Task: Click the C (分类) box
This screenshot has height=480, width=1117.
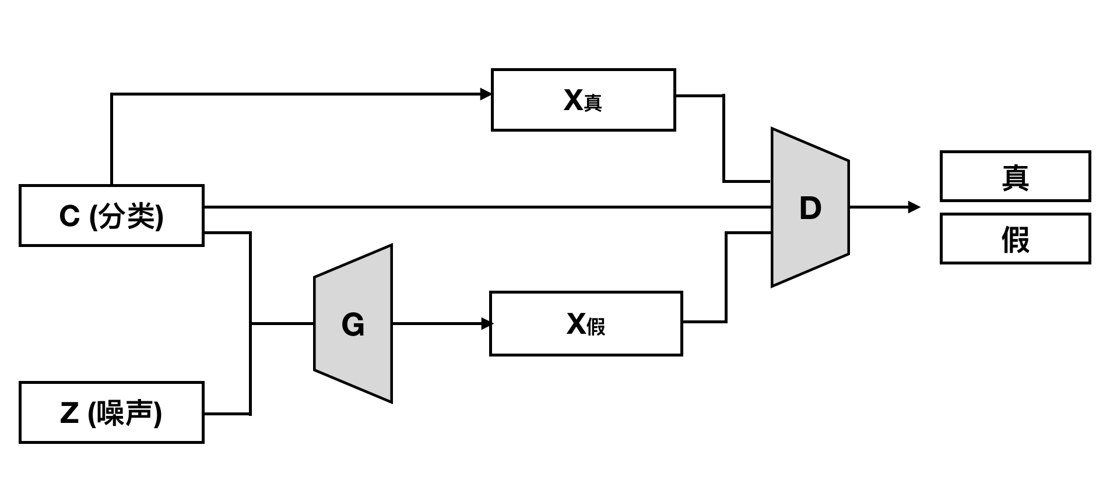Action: pyautogui.click(x=111, y=216)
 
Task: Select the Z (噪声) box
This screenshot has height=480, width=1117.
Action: pyautogui.click(x=111, y=412)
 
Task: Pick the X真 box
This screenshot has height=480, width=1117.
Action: pyautogui.click(x=583, y=100)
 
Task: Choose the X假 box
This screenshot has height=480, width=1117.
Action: pyautogui.click(x=586, y=324)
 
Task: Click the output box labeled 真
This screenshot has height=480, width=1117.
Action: pyautogui.click(x=1015, y=177)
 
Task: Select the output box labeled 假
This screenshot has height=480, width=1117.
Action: pyautogui.click(x=1015, y=239)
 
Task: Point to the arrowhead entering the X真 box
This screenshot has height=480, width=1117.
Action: pyautogui.click(x=486, y=94)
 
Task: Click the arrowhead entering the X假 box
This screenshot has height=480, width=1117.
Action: pyautogui.click(x=487, y=324)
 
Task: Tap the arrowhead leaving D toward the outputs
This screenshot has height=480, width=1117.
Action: pyautogui.click(x=914, y=207)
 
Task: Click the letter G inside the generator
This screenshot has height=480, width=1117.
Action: pyautogui.click(x=353, y=325)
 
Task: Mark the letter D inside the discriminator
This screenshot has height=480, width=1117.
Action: pyautogui.click(x=810, y=208)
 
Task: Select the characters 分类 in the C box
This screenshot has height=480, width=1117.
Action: pyautogui.click(x=127, y=216)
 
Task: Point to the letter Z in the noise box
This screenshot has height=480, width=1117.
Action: pyautogui.click(x=69, y=413)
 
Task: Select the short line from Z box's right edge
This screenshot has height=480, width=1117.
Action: pyautogui.click(x=227, y=414)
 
